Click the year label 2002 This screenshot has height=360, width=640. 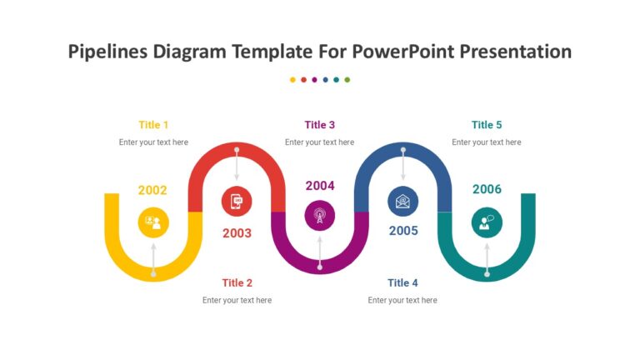(x=152, y=191)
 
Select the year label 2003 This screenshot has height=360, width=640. (x=237, y=233)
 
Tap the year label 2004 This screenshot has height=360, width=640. (x=320, y=186)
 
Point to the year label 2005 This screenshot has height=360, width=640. (x=403, y=231)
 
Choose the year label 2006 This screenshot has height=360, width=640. (x=487, y=189)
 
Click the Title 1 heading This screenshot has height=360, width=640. (x=153, y=125)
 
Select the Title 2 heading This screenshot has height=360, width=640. (x=237, y=283)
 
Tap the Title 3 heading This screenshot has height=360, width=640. (x=320, y=125)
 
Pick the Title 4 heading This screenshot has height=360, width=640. (x=402, y=283)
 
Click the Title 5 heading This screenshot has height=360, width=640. (x=487, y=125)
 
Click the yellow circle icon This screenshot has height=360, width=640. (x=153, y=222)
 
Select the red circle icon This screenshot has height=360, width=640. (x=237, y=201)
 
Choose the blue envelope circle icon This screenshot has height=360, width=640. (x=403, y=201)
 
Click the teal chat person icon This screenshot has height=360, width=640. (x=487, y=222)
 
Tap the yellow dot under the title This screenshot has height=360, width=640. (x=292, y=80)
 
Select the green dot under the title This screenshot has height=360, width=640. (x=347, y=80)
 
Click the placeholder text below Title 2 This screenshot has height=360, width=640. (x=237, y=300)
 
